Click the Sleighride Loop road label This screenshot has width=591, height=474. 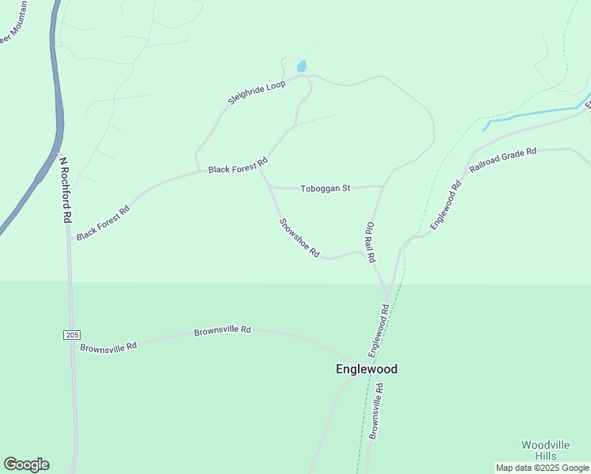(256, 92)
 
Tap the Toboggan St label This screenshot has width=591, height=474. (325, 189)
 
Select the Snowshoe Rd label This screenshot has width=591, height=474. (299, 238)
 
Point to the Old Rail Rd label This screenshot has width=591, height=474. (370, 243)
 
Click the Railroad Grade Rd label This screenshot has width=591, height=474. (503, 160)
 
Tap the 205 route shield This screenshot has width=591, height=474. (72, 336)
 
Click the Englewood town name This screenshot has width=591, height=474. (366, 369)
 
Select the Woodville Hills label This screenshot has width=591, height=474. (544, 450)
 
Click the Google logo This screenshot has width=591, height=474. (26, 465)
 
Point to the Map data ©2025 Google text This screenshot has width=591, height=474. (542, 468)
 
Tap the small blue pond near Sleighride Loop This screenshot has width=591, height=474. (301, 66)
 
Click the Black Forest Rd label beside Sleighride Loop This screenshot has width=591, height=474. (238, 166)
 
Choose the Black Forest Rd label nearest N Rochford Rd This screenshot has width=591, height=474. (103, 224)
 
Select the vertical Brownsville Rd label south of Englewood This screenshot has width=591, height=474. (377, 411)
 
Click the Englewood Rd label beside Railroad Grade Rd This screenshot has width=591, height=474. (446, 207)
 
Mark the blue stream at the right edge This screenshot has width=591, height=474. (537, 114)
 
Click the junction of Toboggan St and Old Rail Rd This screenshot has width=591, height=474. (383, 187)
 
